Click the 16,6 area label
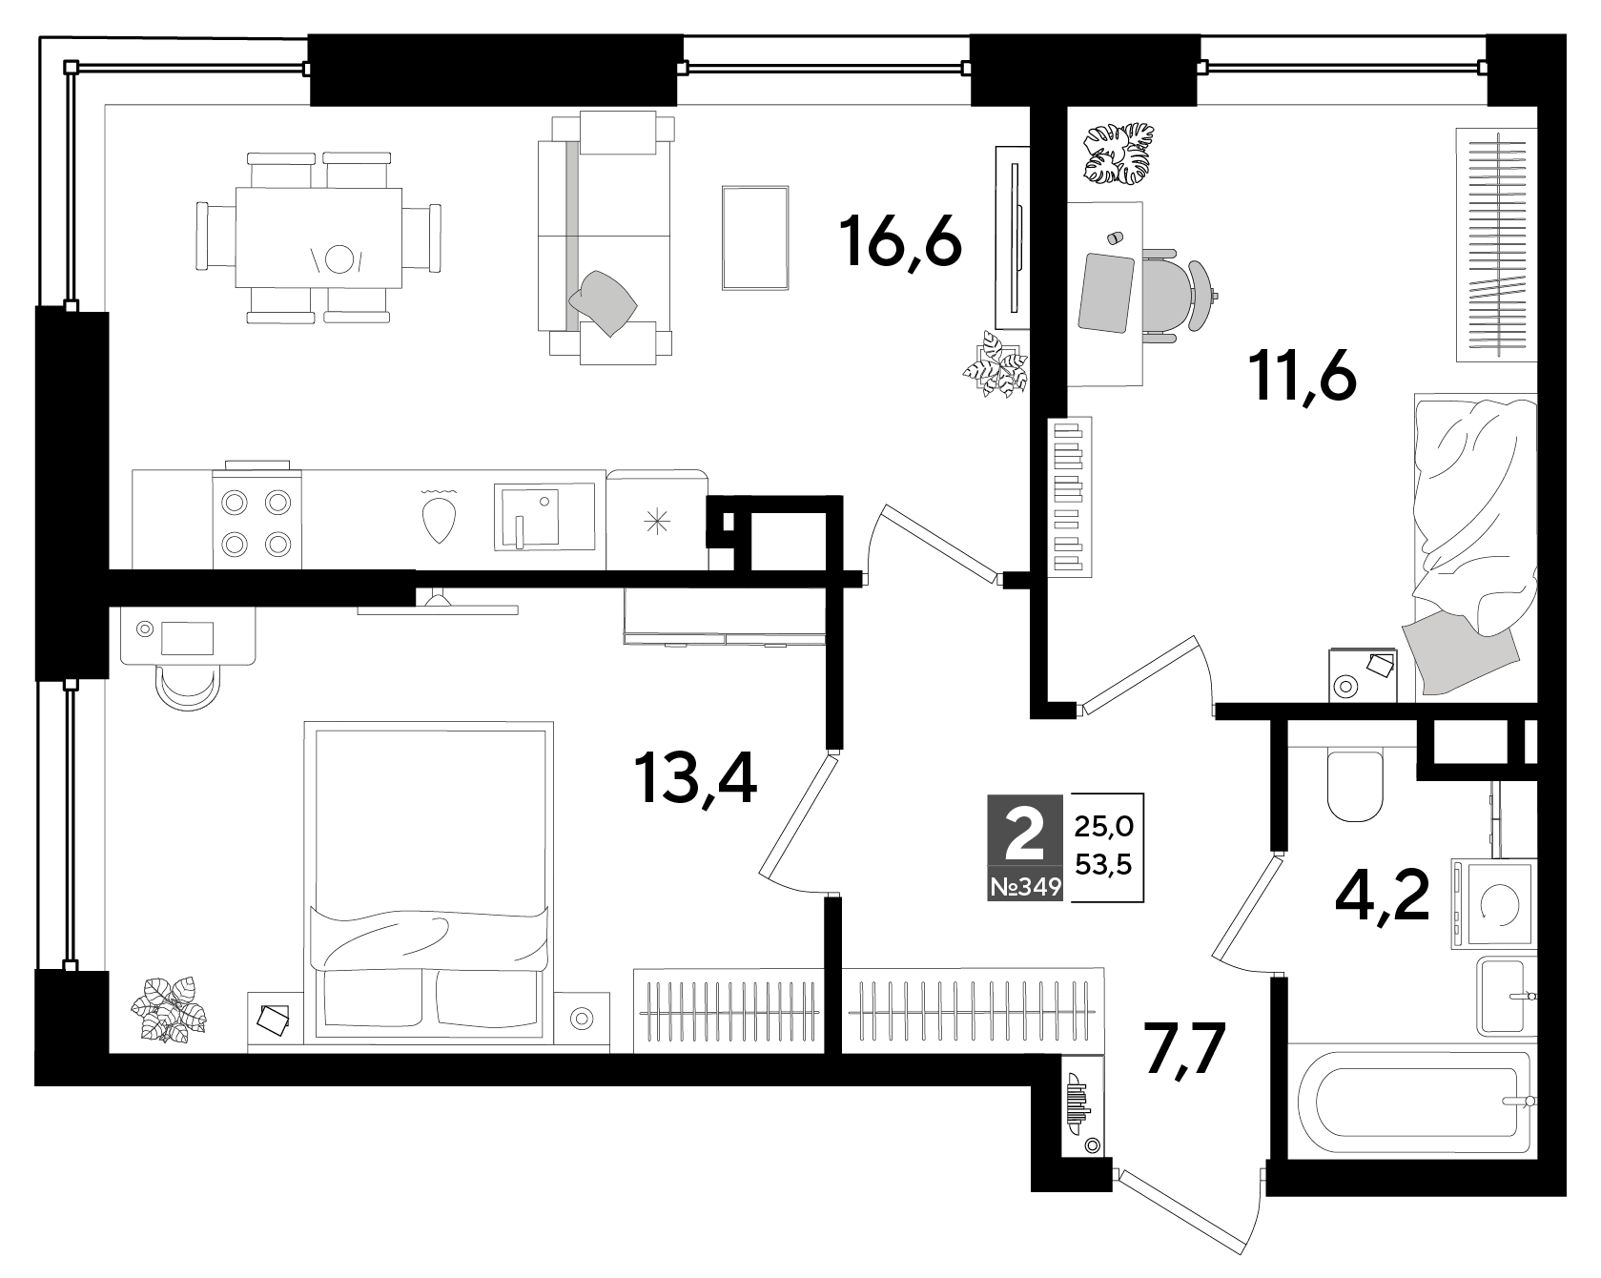point(900,243)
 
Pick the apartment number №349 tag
point(1026,887)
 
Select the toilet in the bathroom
point(1355,787)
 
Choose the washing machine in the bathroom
point(1493,903)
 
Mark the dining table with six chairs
point(318,237)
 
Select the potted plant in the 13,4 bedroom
point(170,1008)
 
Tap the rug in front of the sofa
point(755,237)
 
